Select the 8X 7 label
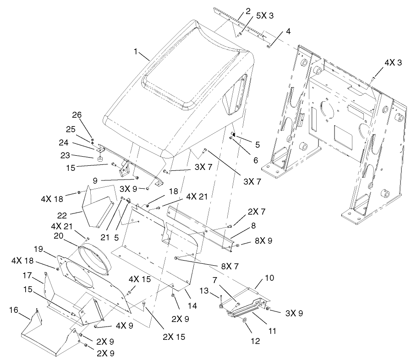[220, 266]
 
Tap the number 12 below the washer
[255, 341]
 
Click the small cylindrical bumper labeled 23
[98, 159]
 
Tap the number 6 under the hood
[255, 161]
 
